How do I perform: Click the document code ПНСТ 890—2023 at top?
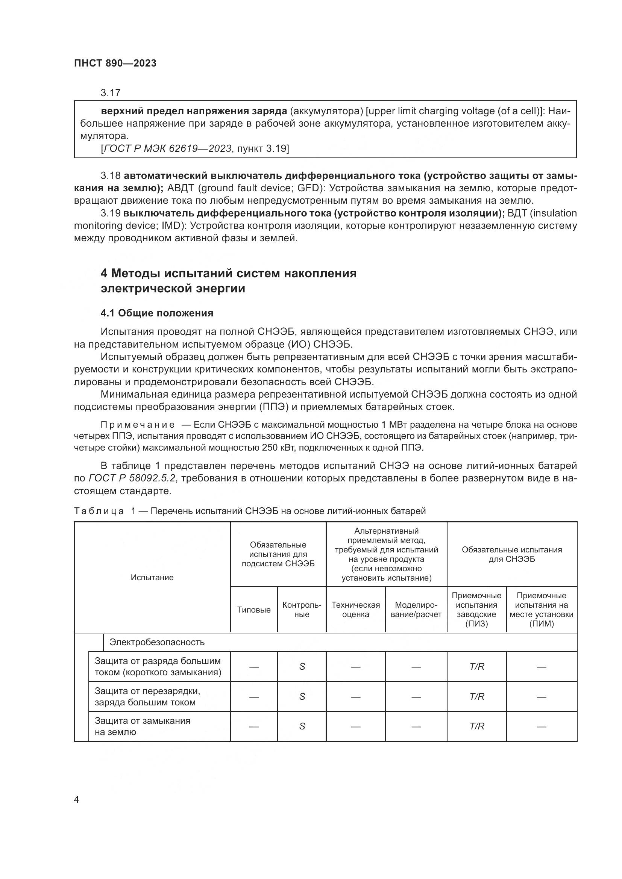tap(115, 64)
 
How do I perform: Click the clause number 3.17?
tap(111, 93)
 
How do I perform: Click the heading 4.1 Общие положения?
tap(157, 313)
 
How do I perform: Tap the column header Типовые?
tap(253, 610)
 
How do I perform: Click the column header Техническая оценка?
tap(355, 610)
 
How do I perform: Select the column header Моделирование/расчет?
tap(416, 610)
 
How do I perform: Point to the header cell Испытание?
tap(152, 578)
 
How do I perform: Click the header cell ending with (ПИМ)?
tap(541, 610)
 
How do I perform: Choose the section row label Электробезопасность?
tap(157, 642)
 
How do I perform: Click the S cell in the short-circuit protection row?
tap(302, 667)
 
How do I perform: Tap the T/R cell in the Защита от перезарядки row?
tap(476, 696)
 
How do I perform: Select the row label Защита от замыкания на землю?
tap(143, 726)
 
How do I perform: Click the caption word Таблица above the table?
tap(99, 511)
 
